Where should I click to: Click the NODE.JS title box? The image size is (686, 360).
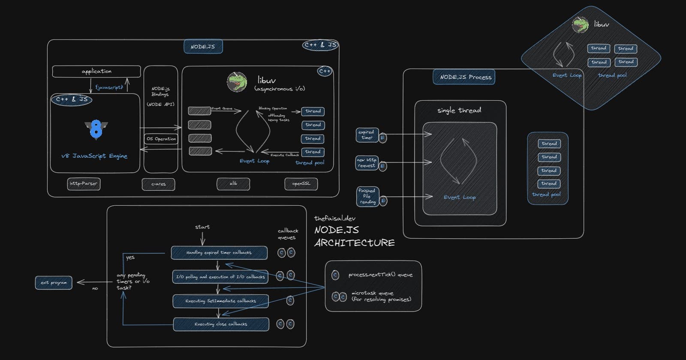tap(203, 46)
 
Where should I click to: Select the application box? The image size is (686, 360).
tap(96, 71)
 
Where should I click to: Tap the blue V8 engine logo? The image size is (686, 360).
tap(96, 129)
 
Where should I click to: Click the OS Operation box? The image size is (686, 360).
tap(161, 139)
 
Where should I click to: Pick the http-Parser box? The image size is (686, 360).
tap(84, 184)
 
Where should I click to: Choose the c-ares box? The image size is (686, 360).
tap(158, 184)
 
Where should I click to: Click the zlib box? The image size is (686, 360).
tap(233, 184)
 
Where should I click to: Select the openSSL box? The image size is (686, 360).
tap(301, 184)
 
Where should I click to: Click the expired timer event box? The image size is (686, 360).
tap(367, 135)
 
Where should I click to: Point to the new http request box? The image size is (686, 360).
tap(367, 163)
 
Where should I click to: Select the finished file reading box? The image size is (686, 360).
tap(367, 196)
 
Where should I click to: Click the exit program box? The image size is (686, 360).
tap(54, 283)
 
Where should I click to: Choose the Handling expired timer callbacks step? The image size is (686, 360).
tap(219, 253)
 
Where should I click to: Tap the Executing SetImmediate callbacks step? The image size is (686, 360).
tap(220, 301)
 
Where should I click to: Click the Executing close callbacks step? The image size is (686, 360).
tap(221, 324)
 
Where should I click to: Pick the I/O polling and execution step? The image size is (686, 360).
tap(220, 277)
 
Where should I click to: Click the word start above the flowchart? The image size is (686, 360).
tap(202, 227)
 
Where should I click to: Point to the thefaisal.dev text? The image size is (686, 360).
tap(334, 218)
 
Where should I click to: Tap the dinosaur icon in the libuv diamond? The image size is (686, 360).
tap(580, 25)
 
